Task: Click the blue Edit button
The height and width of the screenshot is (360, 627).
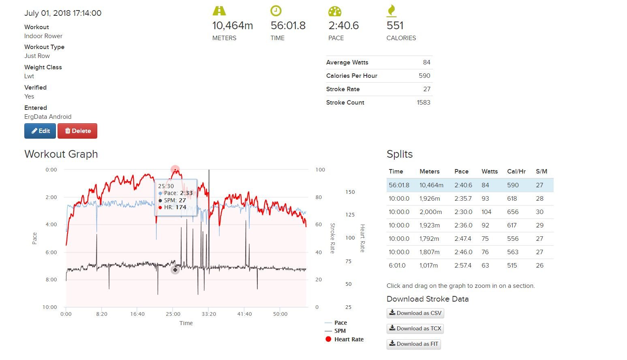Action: point(40,131)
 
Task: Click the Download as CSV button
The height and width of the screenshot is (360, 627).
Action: point(415,313)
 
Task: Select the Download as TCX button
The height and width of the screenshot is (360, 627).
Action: point(415,328)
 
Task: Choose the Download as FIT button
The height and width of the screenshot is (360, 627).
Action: point(413,344)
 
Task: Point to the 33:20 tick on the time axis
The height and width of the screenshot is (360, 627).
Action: point(209,314)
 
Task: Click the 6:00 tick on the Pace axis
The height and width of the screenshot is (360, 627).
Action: point(51,252)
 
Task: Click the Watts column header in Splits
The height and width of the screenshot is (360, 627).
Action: point(489,171)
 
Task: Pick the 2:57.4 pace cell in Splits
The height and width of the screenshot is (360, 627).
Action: point(462,266)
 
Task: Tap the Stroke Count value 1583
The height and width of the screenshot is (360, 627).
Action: point(423,103)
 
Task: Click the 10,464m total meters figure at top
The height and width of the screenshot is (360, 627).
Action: point(232,26)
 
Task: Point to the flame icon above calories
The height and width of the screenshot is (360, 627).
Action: point(392,11)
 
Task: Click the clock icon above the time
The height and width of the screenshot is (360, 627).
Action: point(276,11)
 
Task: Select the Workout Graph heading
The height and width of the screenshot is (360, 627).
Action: point(61,154)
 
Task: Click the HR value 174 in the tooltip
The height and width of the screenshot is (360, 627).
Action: point(181,207)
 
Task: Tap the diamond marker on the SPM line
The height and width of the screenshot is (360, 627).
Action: point(175,270)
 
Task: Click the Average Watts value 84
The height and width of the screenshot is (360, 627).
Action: point(426,62)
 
